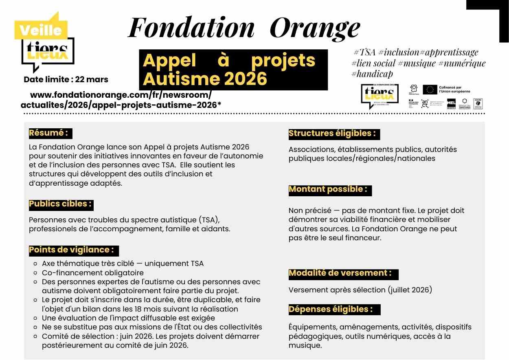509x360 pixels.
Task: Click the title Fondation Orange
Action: [x=244, y=28]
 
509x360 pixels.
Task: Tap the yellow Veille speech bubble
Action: [x=41, y=29]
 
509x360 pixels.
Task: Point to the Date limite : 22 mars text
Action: [x=66, y=79]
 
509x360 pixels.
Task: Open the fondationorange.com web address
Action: [x=121, y=100]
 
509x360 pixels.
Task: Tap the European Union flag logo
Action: [x=430, y=90]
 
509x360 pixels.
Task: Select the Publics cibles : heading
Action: [x=61, y=204]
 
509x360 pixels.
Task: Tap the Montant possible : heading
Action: [x=328, y=189]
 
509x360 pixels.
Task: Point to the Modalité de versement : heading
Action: [x=340, y=273]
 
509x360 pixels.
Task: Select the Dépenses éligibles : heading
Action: [x=331, y=309]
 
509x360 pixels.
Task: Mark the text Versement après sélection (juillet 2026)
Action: [x=360, y=290]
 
